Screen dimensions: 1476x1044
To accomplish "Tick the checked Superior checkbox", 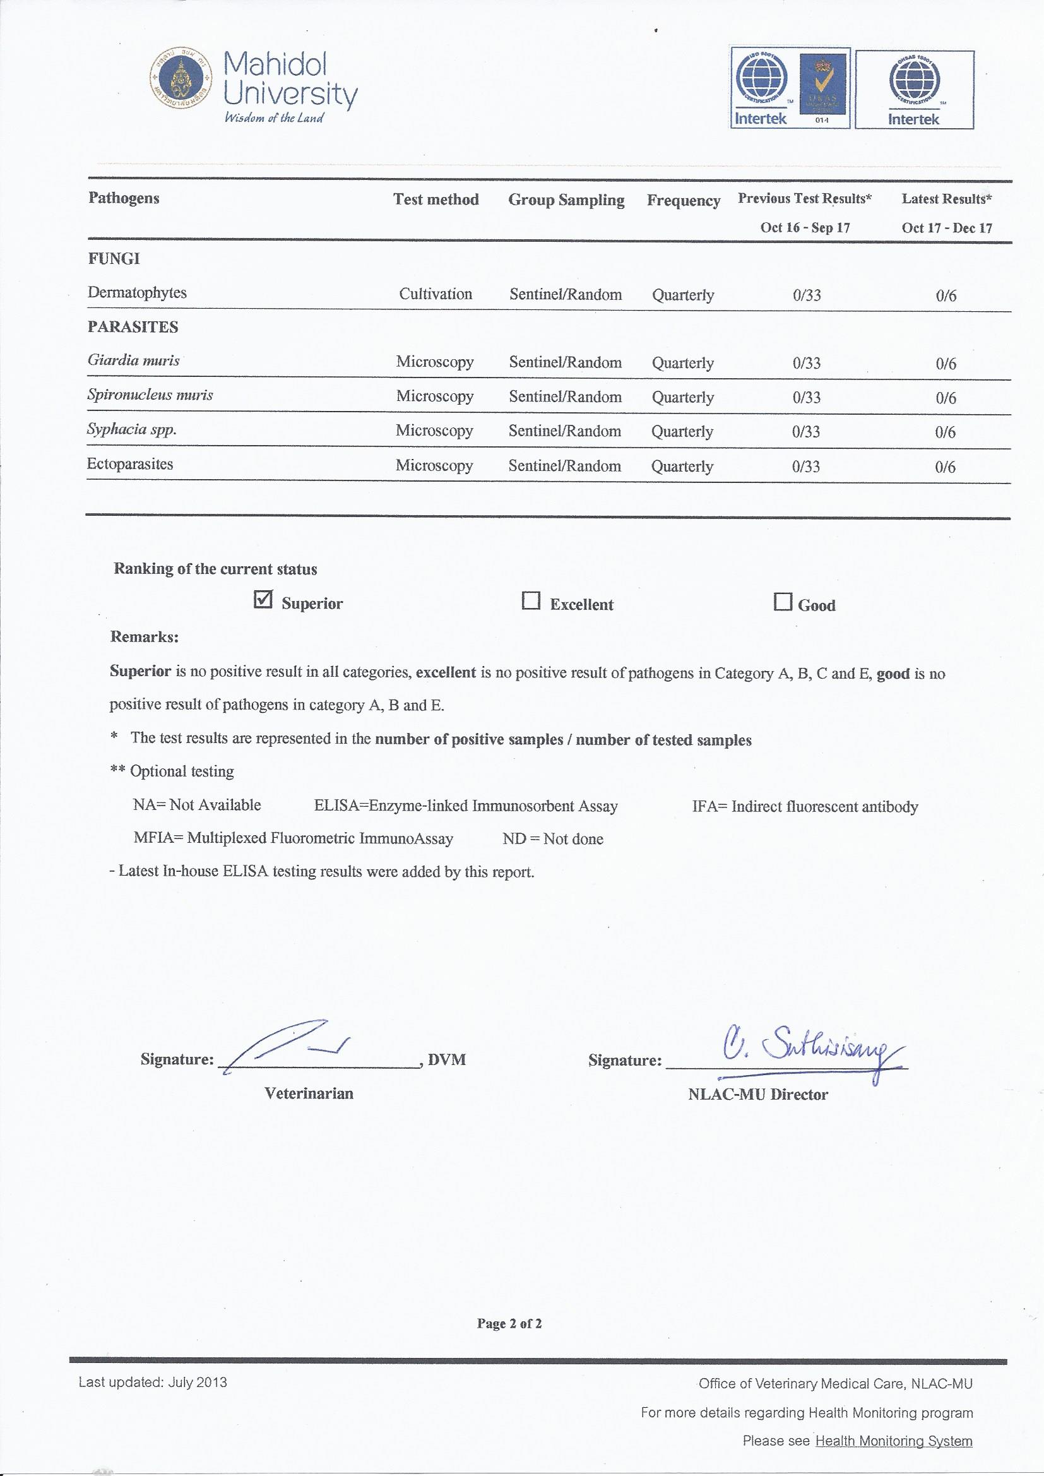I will coord(264,600).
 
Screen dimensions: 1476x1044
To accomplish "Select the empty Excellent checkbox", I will coord(530,601).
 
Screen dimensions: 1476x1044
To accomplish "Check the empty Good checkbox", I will coord(782,602).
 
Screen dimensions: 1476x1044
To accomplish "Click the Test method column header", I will coord(436,199).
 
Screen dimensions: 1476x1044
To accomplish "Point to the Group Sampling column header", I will coord(566,200).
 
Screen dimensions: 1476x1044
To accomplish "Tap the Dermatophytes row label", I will coord(137,292).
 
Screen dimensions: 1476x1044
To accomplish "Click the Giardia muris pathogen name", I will coord(134,360).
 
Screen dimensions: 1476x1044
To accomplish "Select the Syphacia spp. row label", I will coord(132,429).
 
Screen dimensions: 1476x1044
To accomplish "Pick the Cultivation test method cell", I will coord(436,294).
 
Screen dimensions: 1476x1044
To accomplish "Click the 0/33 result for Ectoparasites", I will coord(805,466).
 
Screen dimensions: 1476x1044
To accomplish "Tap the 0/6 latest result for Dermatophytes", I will coord(946,295).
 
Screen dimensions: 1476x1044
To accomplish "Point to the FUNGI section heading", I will coord(114,258).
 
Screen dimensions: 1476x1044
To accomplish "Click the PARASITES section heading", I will coord(133,326).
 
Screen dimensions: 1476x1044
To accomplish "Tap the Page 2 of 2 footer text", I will coord(509,1323).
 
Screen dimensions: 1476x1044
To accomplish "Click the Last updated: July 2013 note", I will coord(152,1382).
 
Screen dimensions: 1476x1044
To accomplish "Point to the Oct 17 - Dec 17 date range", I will coord(946,227).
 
